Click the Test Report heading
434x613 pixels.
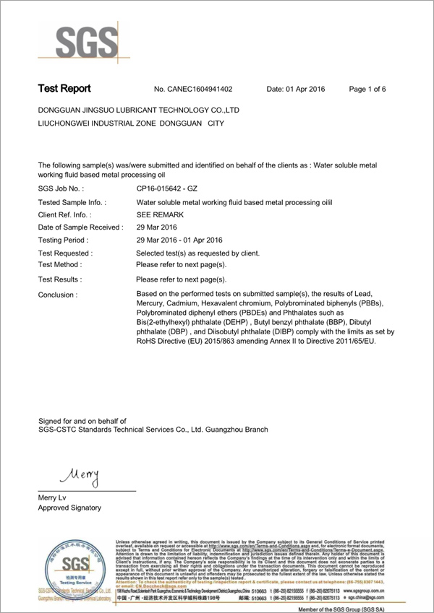pyautogui.click(x=64, y=89)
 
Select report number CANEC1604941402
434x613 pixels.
pyautogui.click(x=193, y=90)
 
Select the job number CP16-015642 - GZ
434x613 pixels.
pyautogui.click(x=167, y=188)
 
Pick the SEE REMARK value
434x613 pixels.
pyautogui.click(x=160, y=214)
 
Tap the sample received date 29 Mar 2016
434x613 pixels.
pyautogui.click(x=157, y=227)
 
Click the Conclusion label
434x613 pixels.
pyautogui.click(x=57, y=295)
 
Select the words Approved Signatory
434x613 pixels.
pyautogui.click(x=69, y=508)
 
